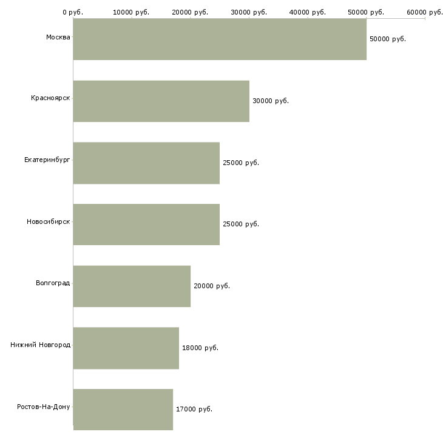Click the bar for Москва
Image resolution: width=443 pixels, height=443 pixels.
point(220,39)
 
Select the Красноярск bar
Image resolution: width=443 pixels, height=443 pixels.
point(161,101)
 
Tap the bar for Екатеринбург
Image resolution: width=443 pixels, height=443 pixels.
point(146,163)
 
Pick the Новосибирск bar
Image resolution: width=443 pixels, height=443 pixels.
point(146,225)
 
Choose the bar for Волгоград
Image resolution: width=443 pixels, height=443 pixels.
point(132,286)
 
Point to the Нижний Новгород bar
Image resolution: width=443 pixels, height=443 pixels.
point(126,348)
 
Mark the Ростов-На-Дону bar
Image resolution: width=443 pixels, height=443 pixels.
point(123,410)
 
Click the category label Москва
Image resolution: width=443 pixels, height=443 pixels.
point(58,37)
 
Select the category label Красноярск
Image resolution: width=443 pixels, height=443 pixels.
point(50,98)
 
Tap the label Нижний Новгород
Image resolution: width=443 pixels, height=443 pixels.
point(41,345)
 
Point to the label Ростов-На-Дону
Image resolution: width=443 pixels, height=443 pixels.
point(44,407)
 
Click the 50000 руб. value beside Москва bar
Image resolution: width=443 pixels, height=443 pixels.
point(388,39)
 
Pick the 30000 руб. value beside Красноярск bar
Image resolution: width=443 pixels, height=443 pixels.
point(271,101)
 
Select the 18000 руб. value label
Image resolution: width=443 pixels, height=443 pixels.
point(200,348)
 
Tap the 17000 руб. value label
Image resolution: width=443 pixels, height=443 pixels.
point(194,409)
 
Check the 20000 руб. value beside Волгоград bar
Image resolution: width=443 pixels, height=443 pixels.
point(212,286)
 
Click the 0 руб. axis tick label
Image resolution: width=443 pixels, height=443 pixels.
point(73,12)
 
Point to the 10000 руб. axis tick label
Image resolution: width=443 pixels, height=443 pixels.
point(131,12)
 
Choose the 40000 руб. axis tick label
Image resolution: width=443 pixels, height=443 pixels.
point(308,12)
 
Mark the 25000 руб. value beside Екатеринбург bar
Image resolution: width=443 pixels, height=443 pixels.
point(241,163)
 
